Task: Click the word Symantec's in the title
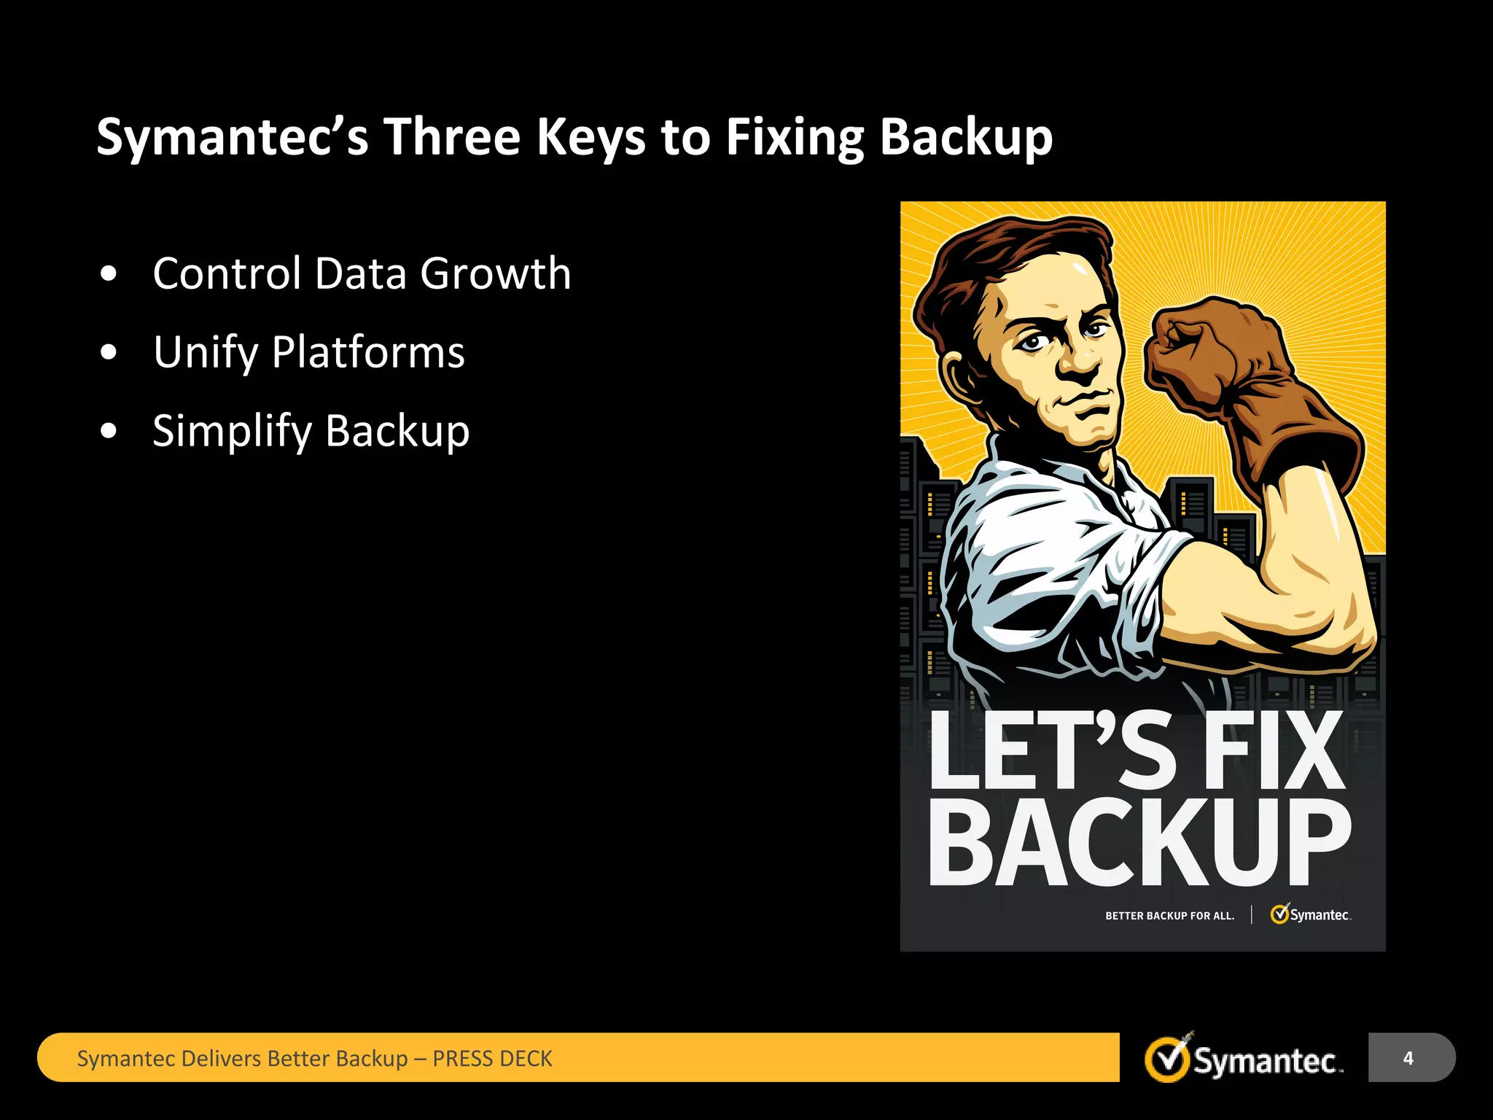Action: [232, 137]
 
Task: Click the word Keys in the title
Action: [590, 137]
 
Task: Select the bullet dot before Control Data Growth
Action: [109, 274]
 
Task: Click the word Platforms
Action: [368, 353]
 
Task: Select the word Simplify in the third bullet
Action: [232, 431]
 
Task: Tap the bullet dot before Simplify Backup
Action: [109, 431]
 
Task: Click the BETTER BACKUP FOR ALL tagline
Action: [1169, 916]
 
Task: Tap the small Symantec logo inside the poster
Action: [1310, 914]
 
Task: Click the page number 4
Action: [1408, 1058]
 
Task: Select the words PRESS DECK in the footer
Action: [492, 1059]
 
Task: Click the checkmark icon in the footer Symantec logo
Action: [1168, 1059]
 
